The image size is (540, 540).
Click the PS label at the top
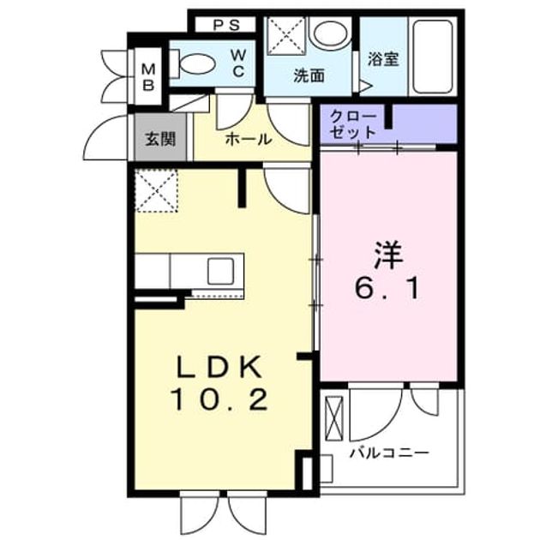pos(226,25)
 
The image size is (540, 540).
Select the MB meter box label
pos(149,77)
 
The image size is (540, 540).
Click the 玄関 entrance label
pos(160,139)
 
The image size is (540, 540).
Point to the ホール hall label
pos(249,140)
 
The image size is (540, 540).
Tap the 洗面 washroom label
pos(309,76)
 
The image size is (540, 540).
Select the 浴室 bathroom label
pos(383,59)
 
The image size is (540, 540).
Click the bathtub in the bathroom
pos(433,57)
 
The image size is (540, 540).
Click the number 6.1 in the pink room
pos(387,290)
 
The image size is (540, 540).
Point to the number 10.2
pos(220,399)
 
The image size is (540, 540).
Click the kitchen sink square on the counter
pos(220,272)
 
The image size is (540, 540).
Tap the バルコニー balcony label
pos(389,453)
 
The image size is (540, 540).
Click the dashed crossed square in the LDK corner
pos(156,190)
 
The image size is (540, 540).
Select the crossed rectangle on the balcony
pos(335,418)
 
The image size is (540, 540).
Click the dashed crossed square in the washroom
pos(286,36)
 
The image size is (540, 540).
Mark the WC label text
pos(238,63)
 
